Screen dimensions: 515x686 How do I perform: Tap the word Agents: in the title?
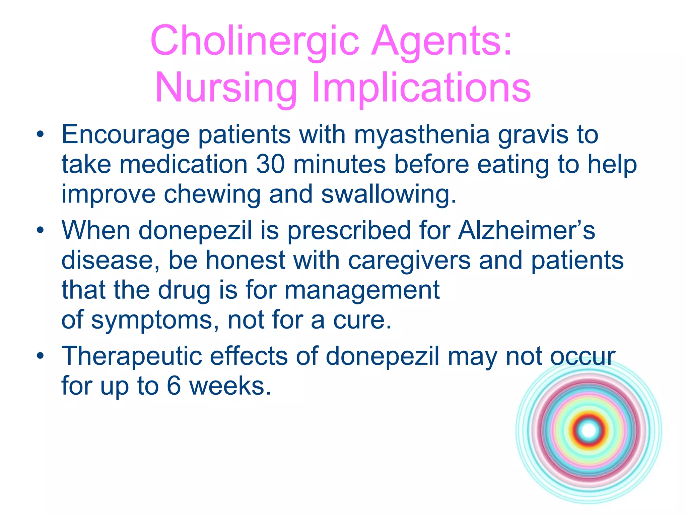click(441, 41)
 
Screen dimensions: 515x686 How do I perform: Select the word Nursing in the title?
click(226, 88)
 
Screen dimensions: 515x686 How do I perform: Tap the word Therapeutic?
click(132, 356)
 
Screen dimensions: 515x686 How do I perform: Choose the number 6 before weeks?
click(174, 386)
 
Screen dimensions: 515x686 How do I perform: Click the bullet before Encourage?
click(41, 135)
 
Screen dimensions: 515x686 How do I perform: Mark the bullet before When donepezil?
click(41, 231)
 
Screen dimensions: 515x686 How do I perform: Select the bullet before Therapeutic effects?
click(41, 356)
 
